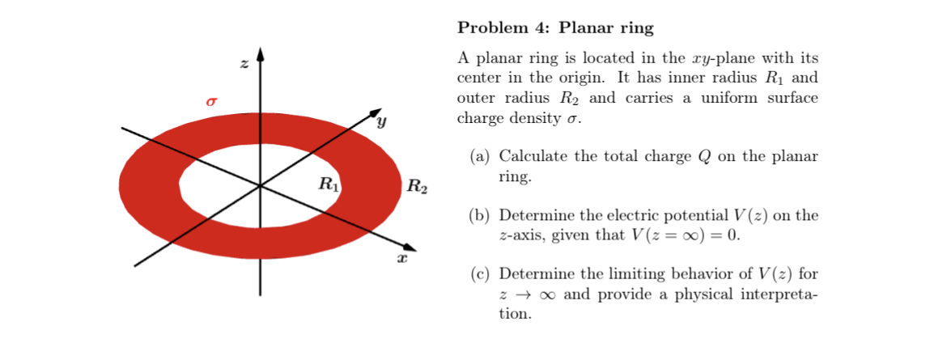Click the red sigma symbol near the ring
point(212,103)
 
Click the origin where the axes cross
point(260,186)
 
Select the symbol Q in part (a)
point(703,157)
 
